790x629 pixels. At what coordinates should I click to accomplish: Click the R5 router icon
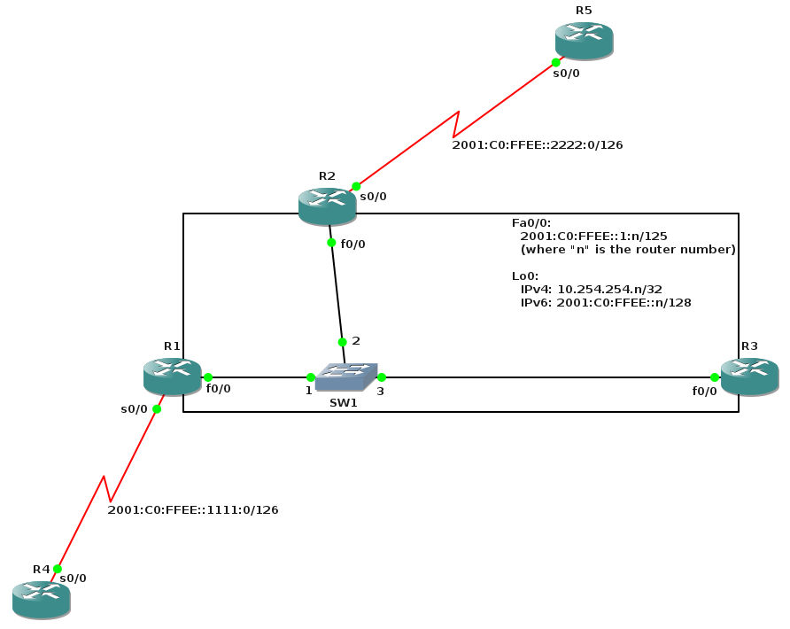click(584, 40)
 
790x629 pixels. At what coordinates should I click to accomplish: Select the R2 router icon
click(327, 205)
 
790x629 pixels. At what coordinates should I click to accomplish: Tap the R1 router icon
click(172, 376)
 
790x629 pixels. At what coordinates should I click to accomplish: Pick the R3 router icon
click(749, 376)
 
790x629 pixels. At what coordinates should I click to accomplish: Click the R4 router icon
click(41, 599)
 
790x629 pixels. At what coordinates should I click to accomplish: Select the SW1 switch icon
click(347, 377)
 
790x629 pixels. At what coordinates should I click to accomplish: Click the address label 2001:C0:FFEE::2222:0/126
click(538, 144)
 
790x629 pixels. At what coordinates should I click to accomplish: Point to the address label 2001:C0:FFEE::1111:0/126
click(193, 509)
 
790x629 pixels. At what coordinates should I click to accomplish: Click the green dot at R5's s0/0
click(555, 62)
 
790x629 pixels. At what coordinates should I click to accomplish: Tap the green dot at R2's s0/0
click(356, 186)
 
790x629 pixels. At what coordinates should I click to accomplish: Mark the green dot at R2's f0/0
click(331, 243)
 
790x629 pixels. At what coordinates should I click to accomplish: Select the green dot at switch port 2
click(342, 342)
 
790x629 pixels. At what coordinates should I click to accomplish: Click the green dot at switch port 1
click(310, 377)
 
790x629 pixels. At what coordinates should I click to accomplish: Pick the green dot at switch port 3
click(381, 377)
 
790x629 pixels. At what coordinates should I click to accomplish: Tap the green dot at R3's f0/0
click(714, 377)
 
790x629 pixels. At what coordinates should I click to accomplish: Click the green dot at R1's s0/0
click(157, 408)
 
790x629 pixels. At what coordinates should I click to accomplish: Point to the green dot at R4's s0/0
click(57, 569)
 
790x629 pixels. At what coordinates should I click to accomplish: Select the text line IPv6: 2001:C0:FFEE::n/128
click(606, 302)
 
